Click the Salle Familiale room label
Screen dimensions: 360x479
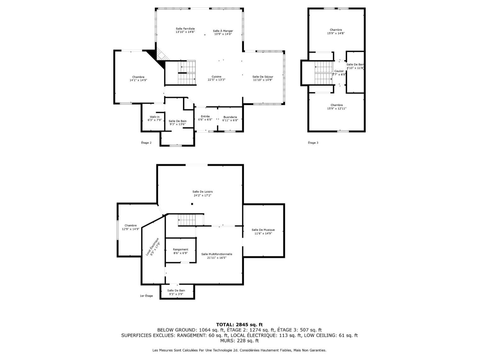click(185, 29)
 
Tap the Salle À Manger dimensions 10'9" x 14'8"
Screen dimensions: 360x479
click(223, 34)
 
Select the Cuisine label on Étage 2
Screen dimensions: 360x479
click(216, 76)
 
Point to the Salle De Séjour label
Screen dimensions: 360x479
click(263, 77)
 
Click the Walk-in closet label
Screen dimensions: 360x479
click(154, 117)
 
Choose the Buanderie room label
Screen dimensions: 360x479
click(230, 116)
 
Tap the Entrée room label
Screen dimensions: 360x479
click(205, 116)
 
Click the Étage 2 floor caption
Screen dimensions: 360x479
click(146, 143)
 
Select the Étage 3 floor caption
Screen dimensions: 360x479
click(313, 143)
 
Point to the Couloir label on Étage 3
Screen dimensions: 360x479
click(339, 71)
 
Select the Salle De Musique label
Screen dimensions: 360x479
click(263, 230)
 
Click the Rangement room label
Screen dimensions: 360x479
click(180, 250)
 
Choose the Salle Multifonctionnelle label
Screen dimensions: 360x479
click(217, 254)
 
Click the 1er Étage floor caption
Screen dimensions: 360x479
click(146, 296)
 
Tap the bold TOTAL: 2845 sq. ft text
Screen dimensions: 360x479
click(239, 324)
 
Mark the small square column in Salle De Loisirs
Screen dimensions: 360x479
click(192, 204)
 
